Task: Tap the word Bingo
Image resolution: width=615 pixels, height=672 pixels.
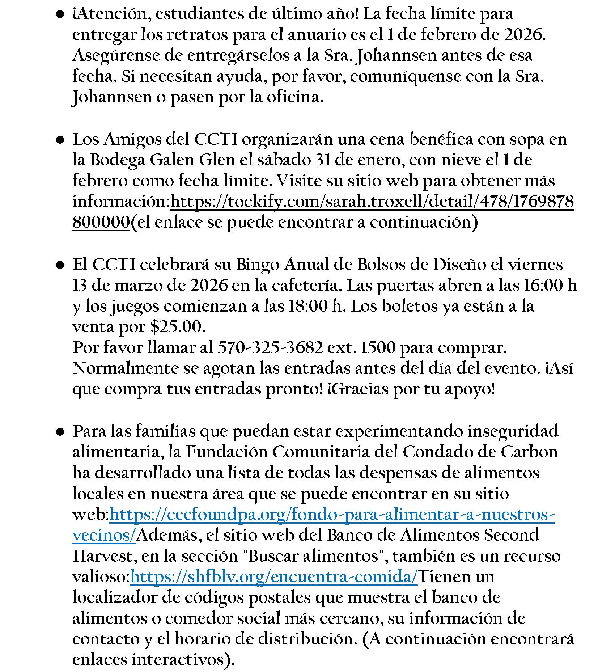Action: [258, 265]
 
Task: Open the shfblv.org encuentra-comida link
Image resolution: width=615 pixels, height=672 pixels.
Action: [274, 577]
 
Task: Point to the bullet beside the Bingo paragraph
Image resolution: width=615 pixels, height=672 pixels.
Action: [60, 265]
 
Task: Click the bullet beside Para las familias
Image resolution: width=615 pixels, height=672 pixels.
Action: [60, 432]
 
